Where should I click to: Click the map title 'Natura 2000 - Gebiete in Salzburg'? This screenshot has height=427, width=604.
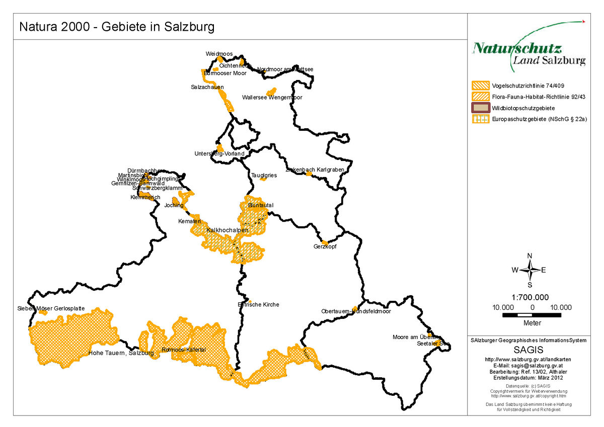(117, 27)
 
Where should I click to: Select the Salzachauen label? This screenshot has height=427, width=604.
(207, 87)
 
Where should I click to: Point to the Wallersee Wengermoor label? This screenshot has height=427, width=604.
(272, 98)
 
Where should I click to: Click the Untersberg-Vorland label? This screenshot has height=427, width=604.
(219, 153)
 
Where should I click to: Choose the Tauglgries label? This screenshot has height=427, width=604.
(264, 175)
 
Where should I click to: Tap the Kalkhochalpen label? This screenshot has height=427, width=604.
(228, 230)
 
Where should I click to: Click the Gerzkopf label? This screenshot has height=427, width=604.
(325, 247)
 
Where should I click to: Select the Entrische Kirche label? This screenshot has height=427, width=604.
(258, 304)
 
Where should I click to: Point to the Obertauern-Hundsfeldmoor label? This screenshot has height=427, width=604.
(356, 311)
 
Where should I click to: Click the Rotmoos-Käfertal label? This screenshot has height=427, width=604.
(184, 350)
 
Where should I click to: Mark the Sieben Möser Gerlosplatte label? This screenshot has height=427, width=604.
(51, 308)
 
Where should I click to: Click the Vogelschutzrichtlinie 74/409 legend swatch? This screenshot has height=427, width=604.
(481, 85)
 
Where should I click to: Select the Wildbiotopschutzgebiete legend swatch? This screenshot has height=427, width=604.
(481, 108)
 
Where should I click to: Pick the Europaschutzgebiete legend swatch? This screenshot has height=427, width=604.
(481, 119)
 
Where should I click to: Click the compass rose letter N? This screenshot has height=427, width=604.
(530, 256)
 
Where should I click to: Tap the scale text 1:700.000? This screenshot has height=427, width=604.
(530, 297)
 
